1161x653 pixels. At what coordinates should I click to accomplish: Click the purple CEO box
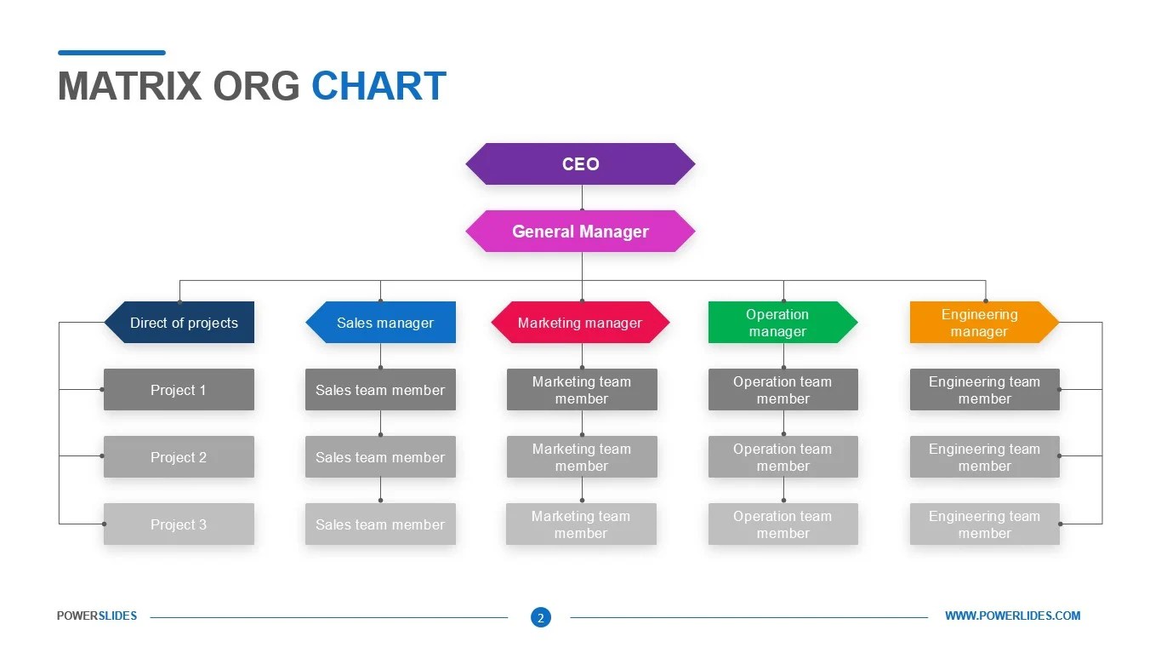coord(580,164)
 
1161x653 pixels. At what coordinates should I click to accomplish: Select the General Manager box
coord(580,232)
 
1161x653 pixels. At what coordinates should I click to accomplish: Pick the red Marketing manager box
coord(580,323)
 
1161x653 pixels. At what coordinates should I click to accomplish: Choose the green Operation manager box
coord(781,323)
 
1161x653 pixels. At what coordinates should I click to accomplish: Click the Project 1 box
coord(179,390)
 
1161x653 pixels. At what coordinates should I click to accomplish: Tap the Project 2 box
coord(179,457)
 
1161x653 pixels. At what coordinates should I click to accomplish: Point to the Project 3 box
coord(179,524)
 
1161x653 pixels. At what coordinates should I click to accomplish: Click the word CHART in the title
coord(378,87)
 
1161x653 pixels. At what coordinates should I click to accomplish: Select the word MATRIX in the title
coord(129,87)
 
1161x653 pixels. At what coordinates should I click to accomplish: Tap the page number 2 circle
coord(540,618)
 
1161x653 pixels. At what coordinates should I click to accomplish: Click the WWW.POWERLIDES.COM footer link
coord(1012,616)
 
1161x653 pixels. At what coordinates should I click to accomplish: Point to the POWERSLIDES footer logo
coord(97,616)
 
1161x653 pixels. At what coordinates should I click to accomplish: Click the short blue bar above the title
coord(111,53)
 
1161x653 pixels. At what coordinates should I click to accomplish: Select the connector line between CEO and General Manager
coord(582,198)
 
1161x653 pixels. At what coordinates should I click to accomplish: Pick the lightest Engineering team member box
coord(984,524)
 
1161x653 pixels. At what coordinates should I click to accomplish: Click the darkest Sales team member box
coord(380,390)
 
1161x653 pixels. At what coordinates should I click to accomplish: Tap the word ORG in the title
coord(256,87)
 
